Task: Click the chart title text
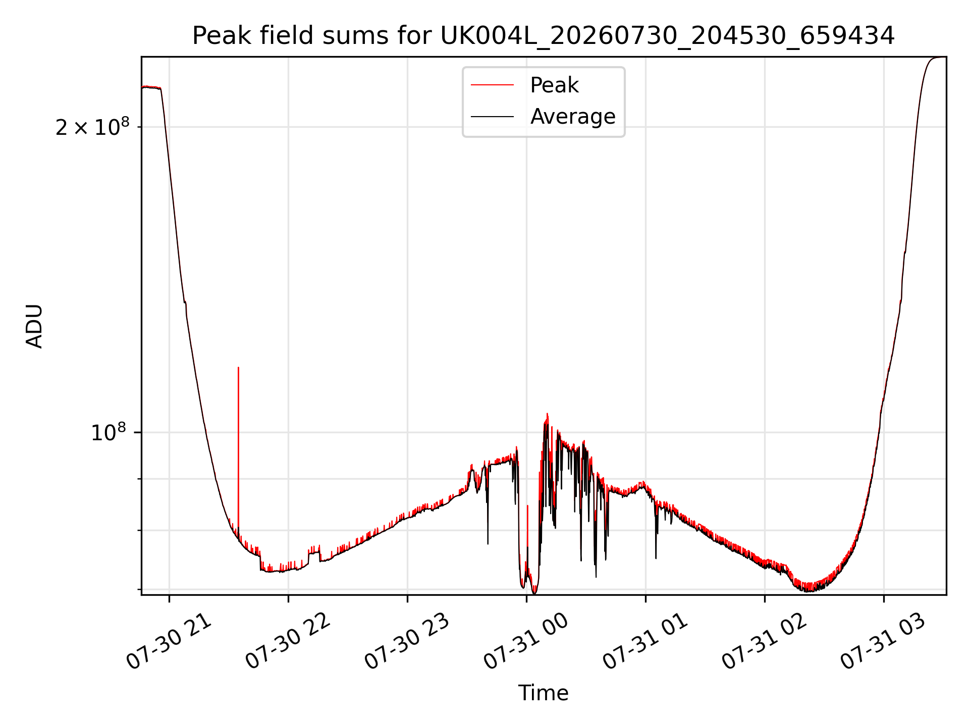coord(544,36)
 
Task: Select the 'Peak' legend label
coord(554,85)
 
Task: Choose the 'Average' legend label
coord(573,117)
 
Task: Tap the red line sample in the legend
coord(493,85)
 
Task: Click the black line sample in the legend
coord(493,117)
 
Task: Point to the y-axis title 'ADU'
coord(34,326)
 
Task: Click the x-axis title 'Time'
coord(544,693)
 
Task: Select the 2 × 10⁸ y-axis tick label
coord(92,127)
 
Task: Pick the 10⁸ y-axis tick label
coord(108,433)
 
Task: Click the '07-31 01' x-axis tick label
coord(646,641)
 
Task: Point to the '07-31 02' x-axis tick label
coord(765,641)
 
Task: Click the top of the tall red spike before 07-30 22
coord(238,368)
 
